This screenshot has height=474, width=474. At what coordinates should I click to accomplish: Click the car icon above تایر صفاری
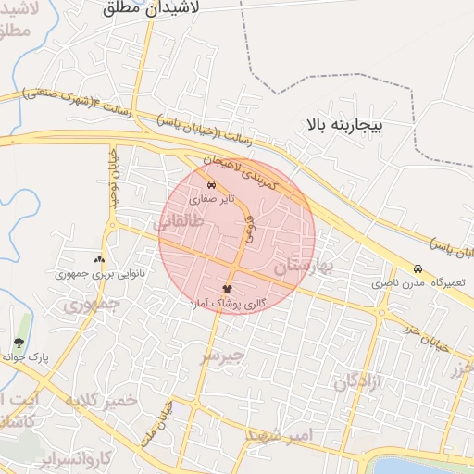(x=212, y=183)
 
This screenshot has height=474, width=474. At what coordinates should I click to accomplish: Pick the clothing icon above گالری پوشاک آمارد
(x=228, y=289)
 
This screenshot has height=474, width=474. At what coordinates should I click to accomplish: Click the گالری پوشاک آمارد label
(x=228, y=303)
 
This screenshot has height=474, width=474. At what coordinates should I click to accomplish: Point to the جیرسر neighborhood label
(x=223, y=355)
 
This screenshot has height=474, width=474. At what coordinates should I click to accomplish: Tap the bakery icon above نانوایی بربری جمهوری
(x=99, y=260)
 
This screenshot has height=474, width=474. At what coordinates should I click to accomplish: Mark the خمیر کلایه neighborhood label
(x=101, y=400)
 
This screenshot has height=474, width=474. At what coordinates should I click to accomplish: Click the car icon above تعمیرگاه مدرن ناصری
(x=418, y=268)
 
